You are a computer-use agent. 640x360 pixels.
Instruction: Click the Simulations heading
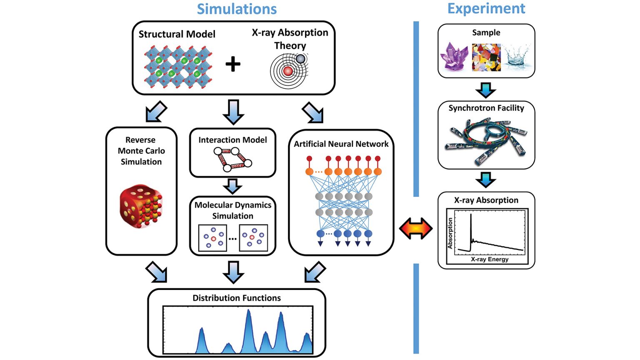(237, 9)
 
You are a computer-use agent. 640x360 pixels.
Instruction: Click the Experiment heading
(486, 8)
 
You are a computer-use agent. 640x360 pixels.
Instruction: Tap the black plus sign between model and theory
(233, 64)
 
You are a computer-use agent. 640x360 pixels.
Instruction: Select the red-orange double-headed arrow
(416, 228)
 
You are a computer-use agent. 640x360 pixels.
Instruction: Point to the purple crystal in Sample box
(454, 56)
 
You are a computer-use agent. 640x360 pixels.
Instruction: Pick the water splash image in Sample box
(517, 56)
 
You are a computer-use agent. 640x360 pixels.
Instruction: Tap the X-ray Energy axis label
(490, 259)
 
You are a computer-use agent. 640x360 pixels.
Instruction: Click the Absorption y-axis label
(450, 233)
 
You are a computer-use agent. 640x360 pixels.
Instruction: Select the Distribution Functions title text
(237, 298)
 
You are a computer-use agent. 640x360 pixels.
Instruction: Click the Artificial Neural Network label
(341, 144)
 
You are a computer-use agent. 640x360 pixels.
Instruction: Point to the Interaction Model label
(232, 140)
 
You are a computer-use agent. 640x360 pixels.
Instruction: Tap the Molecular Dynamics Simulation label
(232, 210)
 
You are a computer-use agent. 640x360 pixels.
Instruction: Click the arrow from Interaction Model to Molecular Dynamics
(232, 186)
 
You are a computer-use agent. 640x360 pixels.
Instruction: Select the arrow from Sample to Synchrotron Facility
(486, 90)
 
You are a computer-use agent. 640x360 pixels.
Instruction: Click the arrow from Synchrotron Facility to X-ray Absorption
(486, 180)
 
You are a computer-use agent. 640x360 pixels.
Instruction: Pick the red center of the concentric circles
(287, 71)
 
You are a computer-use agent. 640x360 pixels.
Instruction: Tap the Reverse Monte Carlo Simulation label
(141, 151)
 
